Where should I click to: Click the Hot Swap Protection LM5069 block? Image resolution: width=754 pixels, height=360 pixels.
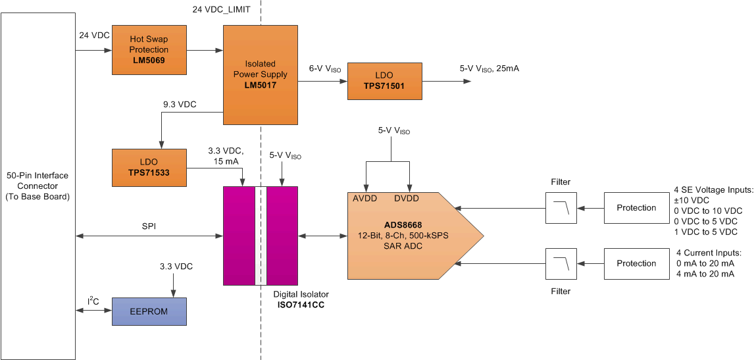tap(149, 49)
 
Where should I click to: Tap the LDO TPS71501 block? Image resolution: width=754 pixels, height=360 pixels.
tap(385, 81)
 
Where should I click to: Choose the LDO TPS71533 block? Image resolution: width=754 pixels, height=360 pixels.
tap(149, 167)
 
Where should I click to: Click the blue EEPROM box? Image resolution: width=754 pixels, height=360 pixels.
tap(149, 311)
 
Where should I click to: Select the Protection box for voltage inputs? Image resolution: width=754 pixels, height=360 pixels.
tap(636, 208)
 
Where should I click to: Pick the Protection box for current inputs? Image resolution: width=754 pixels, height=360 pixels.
tap(636, 263)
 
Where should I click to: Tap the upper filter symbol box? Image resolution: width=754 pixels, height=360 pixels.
tap(561, 208)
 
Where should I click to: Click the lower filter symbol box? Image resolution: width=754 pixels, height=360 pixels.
tap(561, 263)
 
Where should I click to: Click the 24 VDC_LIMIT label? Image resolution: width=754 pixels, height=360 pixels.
tap(220, 11)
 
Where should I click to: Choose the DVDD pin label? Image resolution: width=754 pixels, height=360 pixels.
tap(409, 198)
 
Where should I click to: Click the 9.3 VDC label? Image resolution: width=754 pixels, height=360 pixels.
tap(180, 104)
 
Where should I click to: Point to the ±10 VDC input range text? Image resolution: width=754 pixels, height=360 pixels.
tap(691, 200)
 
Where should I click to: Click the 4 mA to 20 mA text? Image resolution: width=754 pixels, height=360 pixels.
tap(705, 274)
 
